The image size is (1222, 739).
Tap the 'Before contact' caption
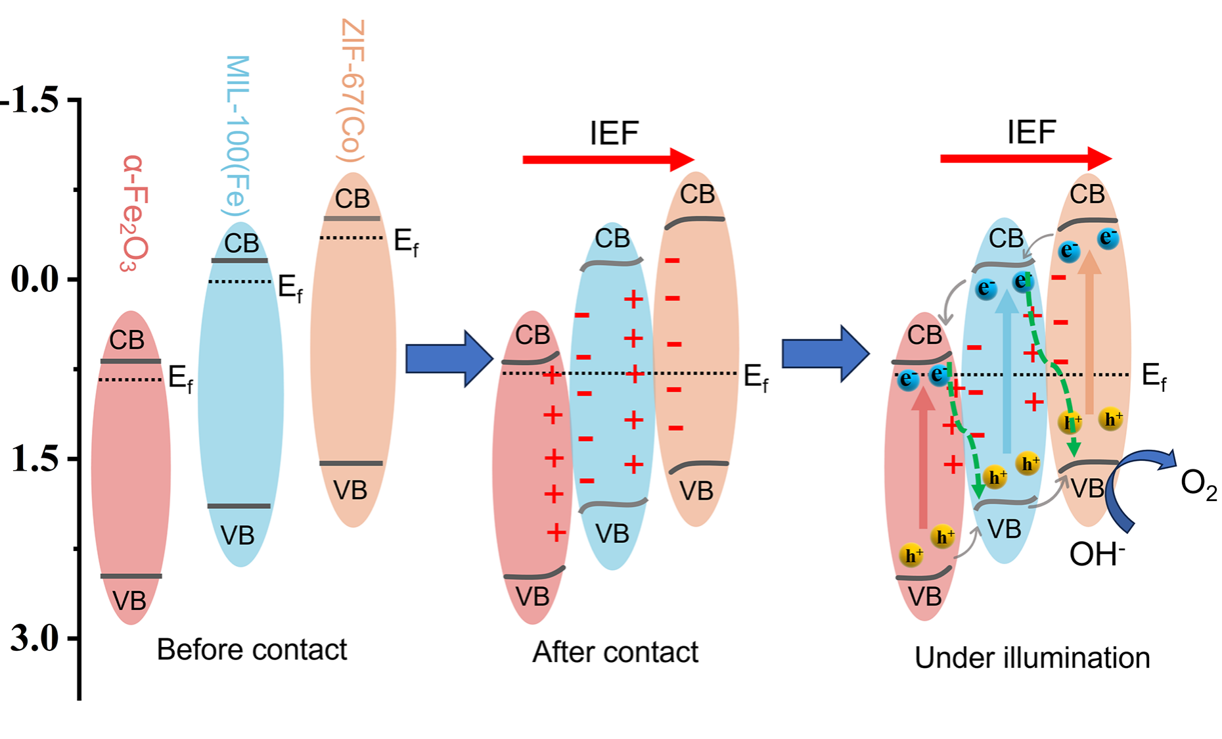click(x=252, y=650)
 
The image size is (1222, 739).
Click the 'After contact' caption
click(x=615, y=653)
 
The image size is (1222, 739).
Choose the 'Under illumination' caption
click(x=1032, y=658)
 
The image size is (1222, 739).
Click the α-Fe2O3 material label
click(x=135, y=214)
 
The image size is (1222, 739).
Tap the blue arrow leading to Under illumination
click(x=825, y=354)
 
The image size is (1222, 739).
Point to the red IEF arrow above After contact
click(x=608, y=159)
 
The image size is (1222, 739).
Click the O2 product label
click(x=1198, y=485)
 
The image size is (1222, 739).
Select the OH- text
click(x=1097, y=555)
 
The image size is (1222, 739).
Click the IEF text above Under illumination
click(x=1031, y=133)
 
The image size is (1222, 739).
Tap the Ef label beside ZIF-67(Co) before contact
click(x=406, y=242)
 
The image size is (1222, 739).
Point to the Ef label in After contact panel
click(x=756, y=378)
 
